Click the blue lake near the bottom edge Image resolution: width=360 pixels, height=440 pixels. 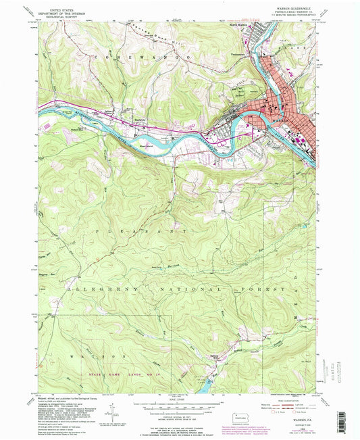[x=205, y=385]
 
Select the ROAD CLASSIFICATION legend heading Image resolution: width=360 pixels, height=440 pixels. [x=282, y=397]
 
